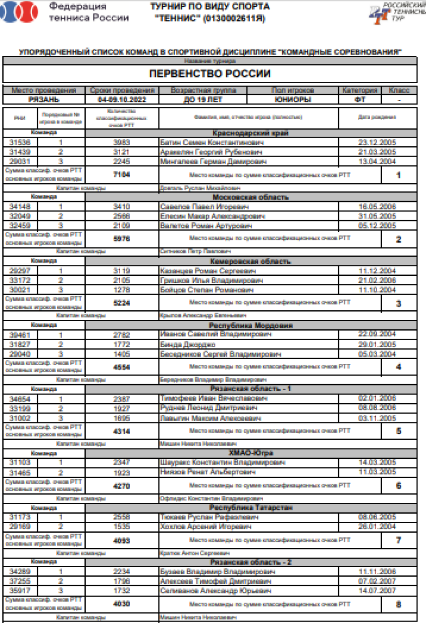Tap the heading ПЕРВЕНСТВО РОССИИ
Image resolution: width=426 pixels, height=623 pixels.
point(210,74)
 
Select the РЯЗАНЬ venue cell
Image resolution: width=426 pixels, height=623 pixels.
point(44,100)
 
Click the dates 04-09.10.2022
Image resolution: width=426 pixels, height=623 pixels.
point(122,100)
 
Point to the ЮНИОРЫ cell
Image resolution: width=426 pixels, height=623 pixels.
point(293,100)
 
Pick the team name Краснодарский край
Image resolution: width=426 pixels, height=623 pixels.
point(250,133)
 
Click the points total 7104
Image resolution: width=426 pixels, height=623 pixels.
point(122,175)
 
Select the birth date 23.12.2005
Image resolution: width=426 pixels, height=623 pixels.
point(377,142)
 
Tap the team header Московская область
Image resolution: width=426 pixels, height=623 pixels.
point(250,197)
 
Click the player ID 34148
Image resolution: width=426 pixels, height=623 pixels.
point(20,207)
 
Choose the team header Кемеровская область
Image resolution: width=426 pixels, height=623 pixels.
point(250,262)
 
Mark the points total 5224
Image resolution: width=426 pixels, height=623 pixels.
point(122,303)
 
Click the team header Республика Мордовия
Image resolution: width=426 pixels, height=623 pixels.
point(250,325)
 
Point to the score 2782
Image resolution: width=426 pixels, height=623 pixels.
point(122,335)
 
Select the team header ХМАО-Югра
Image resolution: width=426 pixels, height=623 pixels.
point(250,453)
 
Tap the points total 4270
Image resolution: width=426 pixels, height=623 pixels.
point(122,486)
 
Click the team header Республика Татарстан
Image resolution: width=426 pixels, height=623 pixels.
point(250,508)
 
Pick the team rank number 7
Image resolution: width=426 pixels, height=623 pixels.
point(399,540)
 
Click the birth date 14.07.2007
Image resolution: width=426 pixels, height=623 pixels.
point(377,591)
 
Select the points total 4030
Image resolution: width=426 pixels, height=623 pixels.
point(122,604)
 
